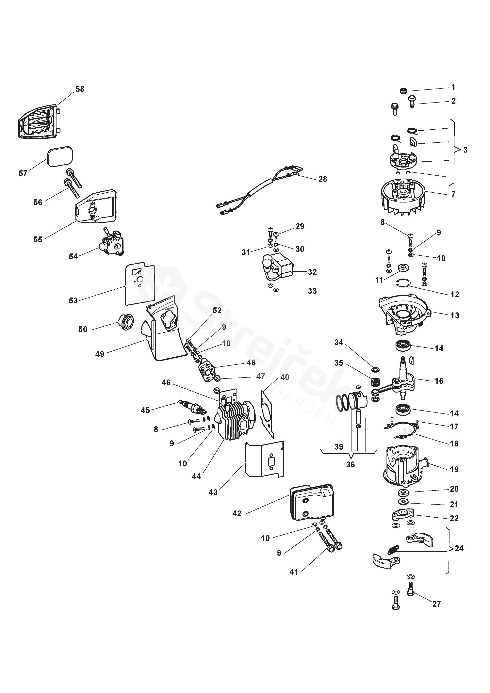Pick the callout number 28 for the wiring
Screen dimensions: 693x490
323,179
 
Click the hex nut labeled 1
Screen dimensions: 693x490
403,90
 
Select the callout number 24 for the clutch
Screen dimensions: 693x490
459,548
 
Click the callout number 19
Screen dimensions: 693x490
454,469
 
